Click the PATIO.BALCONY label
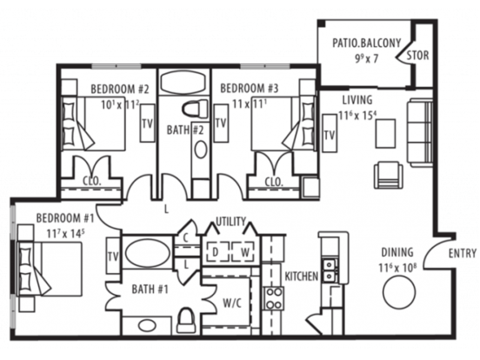pos(366,43)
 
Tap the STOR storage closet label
pos(417,56)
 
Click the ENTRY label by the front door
pos(463,253)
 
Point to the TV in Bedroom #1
pos(113,256)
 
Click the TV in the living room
pos(330,133)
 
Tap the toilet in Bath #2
pos(195,108)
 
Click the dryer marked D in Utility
pos(217,252)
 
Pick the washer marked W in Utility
pos(244,252)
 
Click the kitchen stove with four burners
pos(273,298)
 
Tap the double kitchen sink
pos(330,270)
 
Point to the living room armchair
pos(388,175)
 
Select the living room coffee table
pos(385,133)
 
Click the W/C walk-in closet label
pos(232,303)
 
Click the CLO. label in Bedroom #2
pos(92,181)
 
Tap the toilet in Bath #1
pos(186,320)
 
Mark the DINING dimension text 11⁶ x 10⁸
pos(397,267)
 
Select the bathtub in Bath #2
pos(184,82)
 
